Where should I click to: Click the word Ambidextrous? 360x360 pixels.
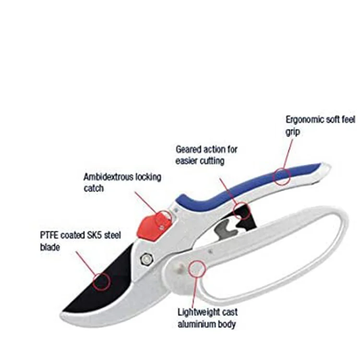(x=107, y=177)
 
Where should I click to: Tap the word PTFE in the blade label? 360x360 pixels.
(x=49, y=236)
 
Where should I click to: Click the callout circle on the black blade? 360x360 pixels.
(x=101, y=281)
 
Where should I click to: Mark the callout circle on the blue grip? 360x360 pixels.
(x=282, y=176)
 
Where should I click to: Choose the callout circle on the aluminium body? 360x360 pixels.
(x=196, y=268)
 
